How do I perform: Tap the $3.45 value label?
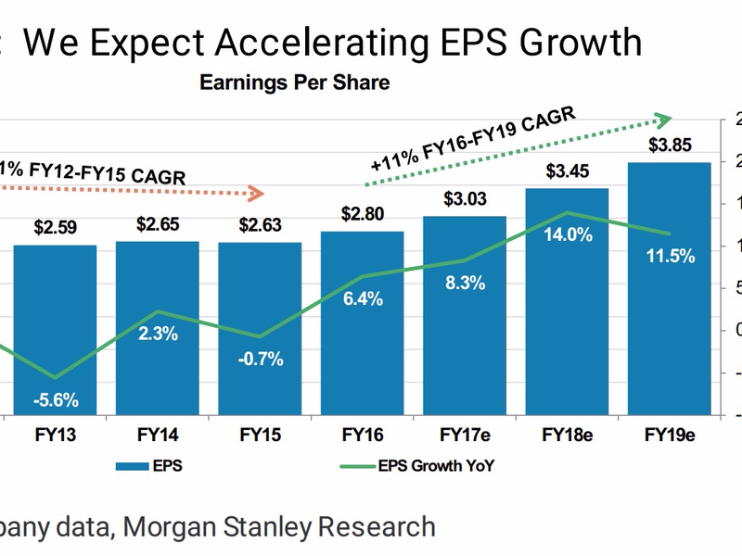coord(567,171)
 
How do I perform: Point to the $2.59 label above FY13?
coord(55,226)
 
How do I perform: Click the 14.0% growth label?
coord(567,234)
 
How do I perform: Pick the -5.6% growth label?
coord(55,401)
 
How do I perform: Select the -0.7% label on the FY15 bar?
coord(261,359)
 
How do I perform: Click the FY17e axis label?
coord(465,433)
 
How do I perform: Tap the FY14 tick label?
coord(157,433)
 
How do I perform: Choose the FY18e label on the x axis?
coord(567,433)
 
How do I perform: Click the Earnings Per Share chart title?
coord(294,82)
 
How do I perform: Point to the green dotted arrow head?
coord(662,119)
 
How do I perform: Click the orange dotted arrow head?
coord(257,194)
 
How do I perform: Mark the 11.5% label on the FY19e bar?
coord(670,256)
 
